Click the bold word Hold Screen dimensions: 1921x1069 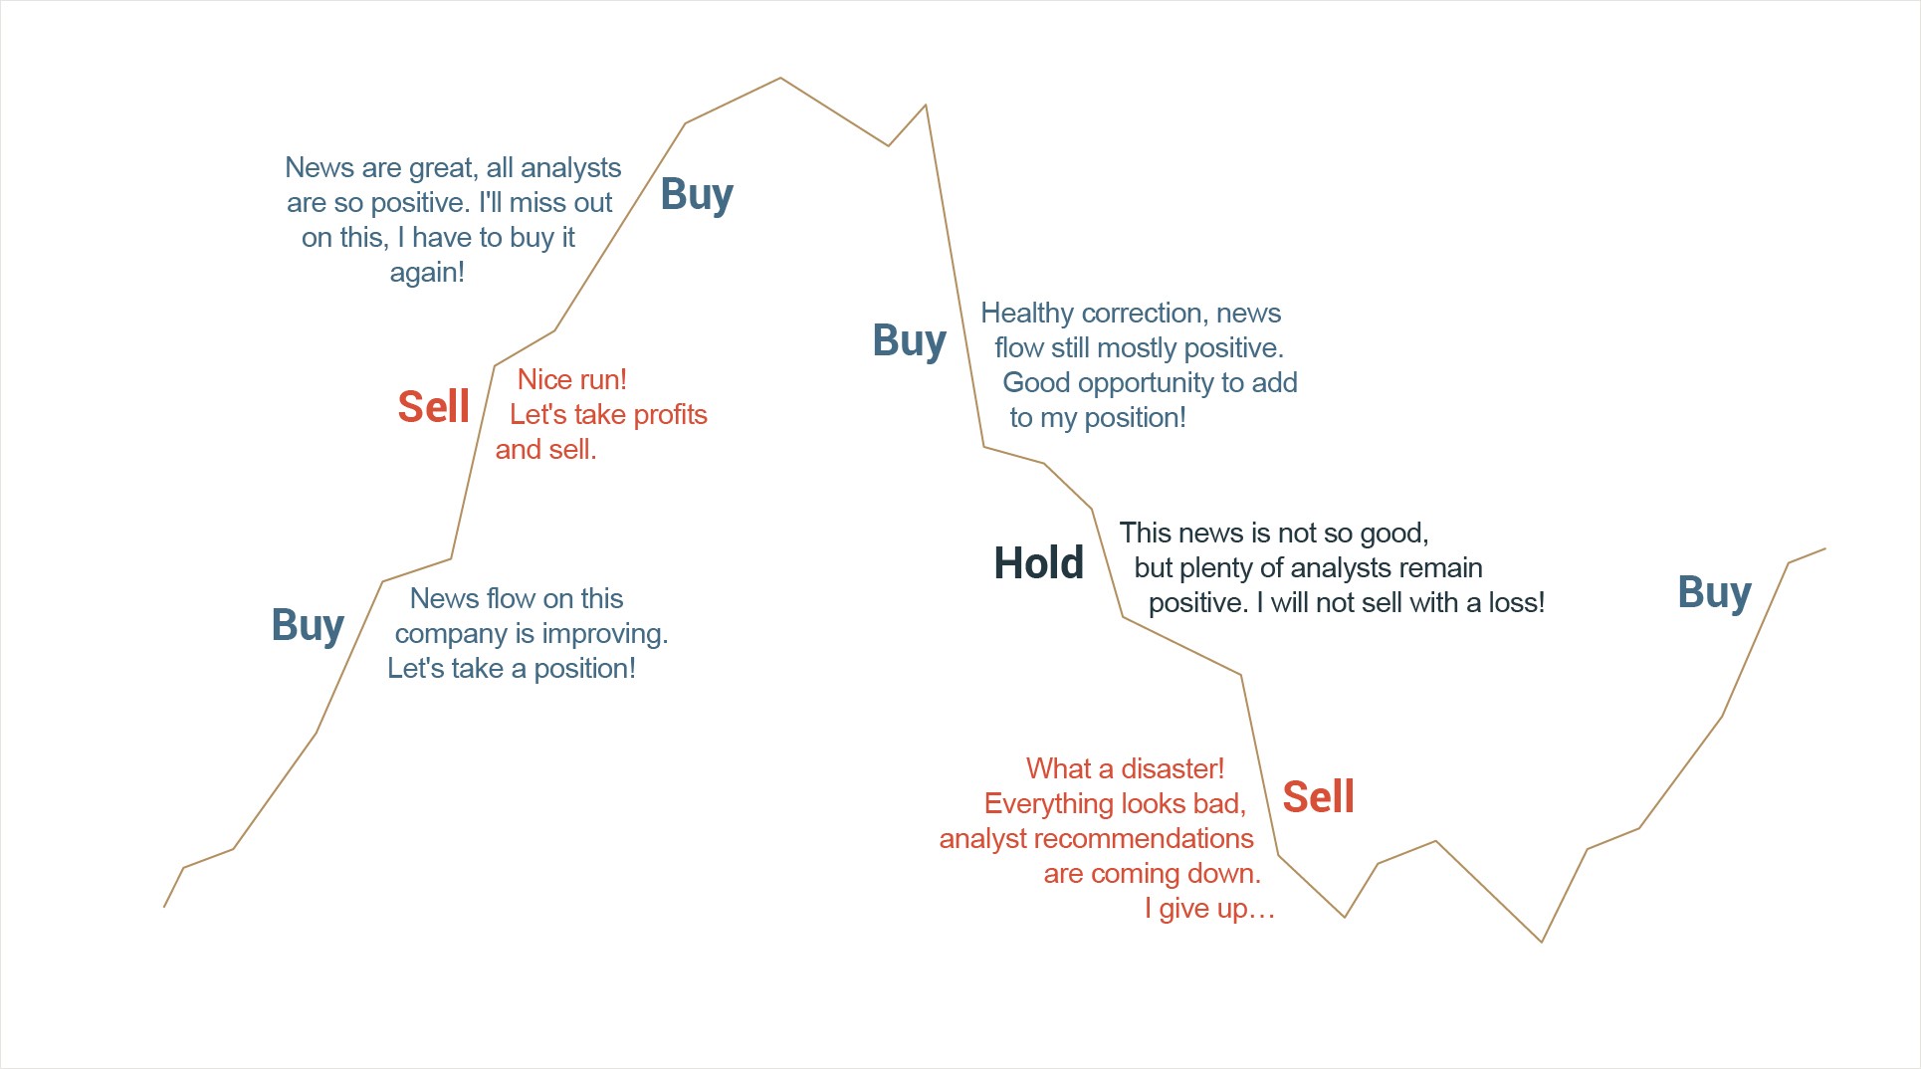1038,563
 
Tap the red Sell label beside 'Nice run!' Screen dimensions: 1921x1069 433,407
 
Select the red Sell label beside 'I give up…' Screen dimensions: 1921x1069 1318,797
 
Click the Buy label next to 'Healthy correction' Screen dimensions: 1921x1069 909,341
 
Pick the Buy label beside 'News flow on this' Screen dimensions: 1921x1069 308,626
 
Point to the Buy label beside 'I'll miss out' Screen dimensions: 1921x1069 697,195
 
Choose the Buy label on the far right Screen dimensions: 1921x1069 1714,593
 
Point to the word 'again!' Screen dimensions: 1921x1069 427,273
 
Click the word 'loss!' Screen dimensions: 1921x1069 1516,602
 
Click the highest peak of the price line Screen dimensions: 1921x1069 780,78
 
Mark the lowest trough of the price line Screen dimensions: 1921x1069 1542,942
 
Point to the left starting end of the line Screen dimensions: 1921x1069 164,907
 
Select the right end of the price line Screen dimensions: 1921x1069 1825,548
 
